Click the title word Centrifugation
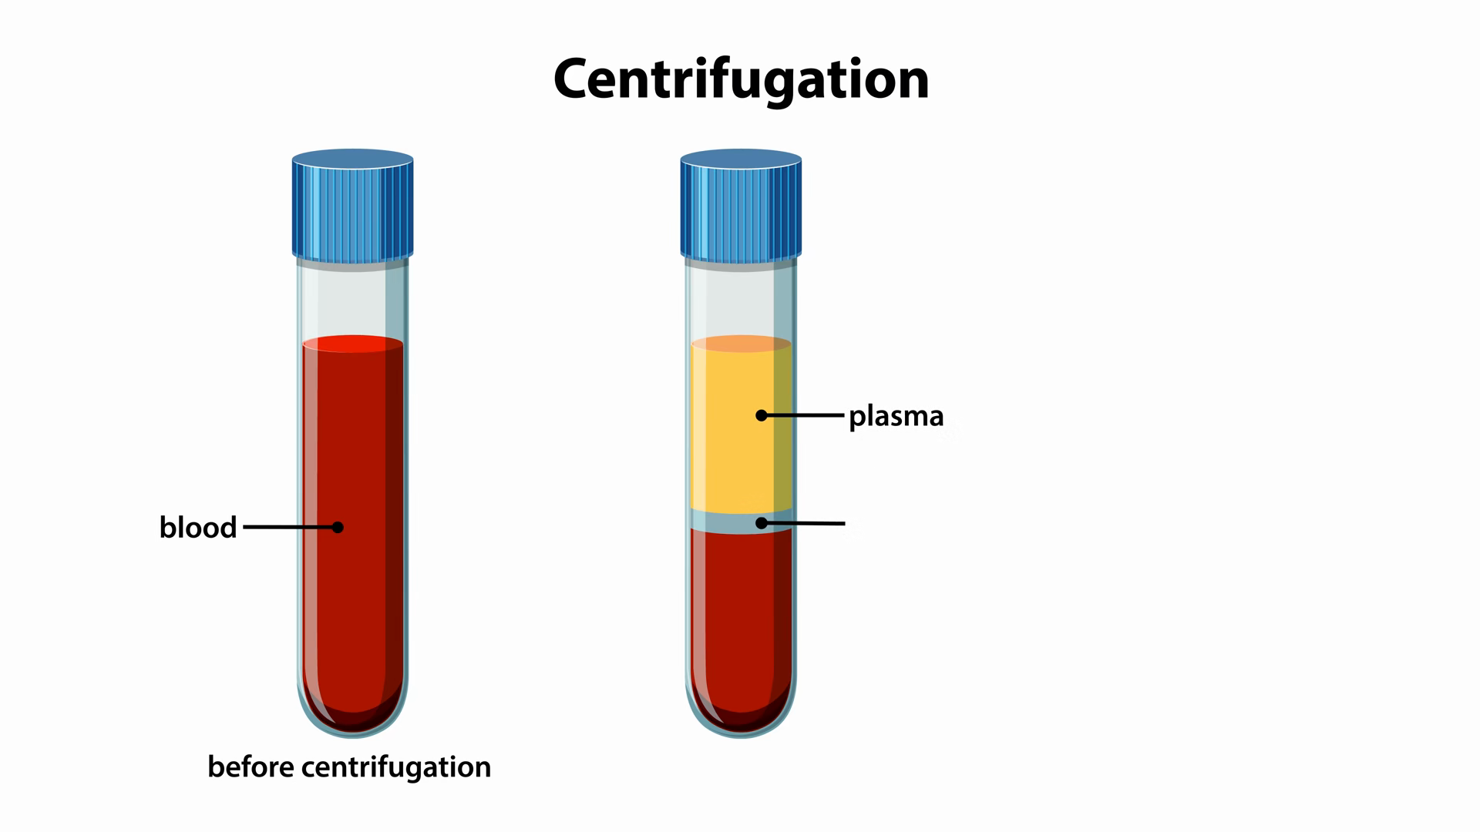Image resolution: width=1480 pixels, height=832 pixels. tap(741, 79)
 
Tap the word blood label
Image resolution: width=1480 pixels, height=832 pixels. tap(197, 528)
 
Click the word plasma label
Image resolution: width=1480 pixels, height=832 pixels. tap(896, 416)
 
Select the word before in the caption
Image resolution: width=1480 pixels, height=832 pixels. tap(251, 767)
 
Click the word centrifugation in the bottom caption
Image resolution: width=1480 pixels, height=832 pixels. tap(396, 767)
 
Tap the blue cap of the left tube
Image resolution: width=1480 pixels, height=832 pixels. tap(352, 206)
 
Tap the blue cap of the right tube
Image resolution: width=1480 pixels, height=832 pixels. tap(741, 206)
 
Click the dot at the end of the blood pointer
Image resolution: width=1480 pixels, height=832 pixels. tap(338, 528)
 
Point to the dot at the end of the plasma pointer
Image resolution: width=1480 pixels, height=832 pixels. tap(762, 415)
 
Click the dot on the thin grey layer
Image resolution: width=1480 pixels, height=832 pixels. tap(762, 523)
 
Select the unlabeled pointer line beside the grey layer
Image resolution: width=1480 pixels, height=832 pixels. tap(809, 524)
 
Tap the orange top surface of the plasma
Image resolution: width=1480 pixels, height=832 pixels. tap(741, 344)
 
